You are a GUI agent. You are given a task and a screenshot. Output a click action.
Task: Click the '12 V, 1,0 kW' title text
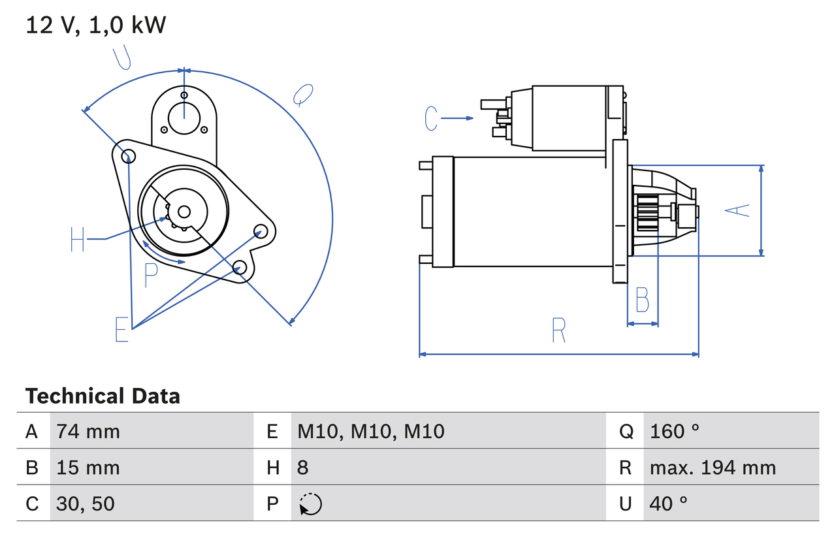pos(96,25)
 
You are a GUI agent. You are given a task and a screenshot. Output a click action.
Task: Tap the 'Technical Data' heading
pos(103,396)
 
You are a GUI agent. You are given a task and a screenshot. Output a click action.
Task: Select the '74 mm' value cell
pos(88,431)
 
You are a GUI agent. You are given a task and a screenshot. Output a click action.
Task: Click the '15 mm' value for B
pos(88,468)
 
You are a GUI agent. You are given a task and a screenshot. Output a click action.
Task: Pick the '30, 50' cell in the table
pos(86,503)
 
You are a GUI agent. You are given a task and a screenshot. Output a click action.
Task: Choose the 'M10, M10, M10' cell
pos(371,431)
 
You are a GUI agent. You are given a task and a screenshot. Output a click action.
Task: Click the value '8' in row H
pos(303,468)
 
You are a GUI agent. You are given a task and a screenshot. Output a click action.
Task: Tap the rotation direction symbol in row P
pos(311,504)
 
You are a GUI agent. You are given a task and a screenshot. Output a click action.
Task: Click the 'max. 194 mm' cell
pos(713,468)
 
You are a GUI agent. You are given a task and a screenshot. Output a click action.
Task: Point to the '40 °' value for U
pos(669,503)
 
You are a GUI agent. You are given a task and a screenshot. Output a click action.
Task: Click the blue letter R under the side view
pos(558,331)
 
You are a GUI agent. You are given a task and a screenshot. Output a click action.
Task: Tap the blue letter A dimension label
pos(738,210)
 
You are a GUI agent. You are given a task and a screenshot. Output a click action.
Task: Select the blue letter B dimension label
pos(642,300)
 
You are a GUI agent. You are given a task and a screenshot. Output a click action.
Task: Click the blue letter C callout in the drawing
pos(430,118)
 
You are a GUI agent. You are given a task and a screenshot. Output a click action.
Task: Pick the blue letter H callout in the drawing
pos(78,240)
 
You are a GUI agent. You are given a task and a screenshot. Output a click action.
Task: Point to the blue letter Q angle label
pos(302,95)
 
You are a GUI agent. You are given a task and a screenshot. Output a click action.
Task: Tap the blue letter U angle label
pos(122,58)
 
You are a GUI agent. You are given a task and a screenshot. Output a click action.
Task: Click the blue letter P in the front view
pos(151,276)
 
